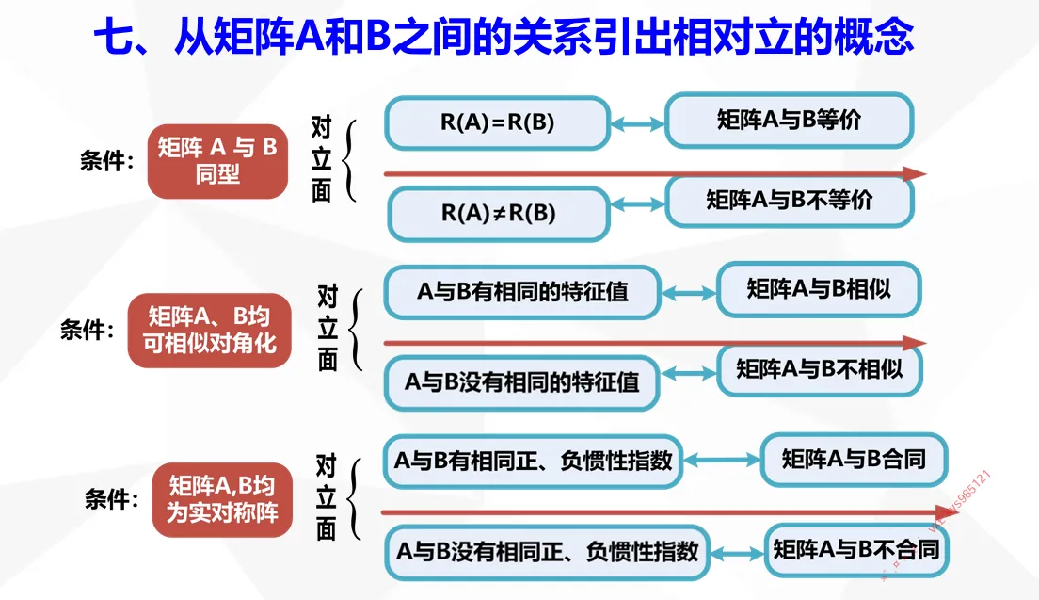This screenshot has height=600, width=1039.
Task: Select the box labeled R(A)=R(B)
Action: (498, 122)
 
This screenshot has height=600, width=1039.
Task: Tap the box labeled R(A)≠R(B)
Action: (499, 213)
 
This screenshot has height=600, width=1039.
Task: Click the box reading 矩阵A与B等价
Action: (789, 120)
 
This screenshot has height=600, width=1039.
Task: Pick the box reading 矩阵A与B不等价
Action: (789, 200)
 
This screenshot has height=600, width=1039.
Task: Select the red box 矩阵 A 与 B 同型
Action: (217, 161)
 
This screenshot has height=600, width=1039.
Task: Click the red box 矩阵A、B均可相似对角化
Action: (209, 329)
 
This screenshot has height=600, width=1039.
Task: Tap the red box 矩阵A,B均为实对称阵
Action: (222, 500)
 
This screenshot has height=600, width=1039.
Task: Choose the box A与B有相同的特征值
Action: (522, 292)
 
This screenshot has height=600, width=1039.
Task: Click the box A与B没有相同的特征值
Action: (521, 382)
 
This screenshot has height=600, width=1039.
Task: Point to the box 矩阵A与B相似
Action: (818, 289)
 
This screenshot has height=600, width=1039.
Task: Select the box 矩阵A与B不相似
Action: (819, 369)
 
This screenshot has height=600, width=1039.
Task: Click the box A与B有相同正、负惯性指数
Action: (532, 461)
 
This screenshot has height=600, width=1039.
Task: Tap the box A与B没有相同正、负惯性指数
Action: (546, 551)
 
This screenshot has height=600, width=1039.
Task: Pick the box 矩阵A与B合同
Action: (853, 459)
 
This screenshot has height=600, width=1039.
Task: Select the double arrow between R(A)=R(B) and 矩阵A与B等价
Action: (638, 122)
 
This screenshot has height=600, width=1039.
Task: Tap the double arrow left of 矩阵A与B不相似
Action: (688, 374)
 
